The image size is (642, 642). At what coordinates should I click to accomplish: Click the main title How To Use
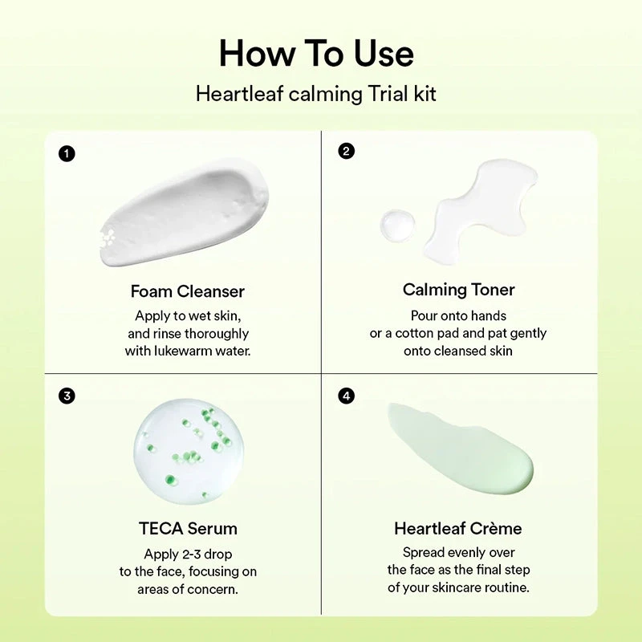coord(316,53)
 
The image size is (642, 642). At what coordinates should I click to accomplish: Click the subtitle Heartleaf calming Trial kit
coord(316,94)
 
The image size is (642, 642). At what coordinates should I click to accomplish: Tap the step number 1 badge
coord(67,153)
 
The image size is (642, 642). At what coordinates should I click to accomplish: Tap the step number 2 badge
coord(346,151)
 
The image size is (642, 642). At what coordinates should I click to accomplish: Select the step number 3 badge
coord(67,396)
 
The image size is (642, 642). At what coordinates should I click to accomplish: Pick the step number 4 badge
coord(346,396)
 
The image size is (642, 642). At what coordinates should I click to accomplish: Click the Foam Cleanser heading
coord(188,291)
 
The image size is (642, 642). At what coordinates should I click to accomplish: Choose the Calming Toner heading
coord(458,290)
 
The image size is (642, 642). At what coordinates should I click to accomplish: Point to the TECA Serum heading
coord(188,528)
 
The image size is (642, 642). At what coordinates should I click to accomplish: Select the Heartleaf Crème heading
coord(458,528)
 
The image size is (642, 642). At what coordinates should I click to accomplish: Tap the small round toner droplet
coord(398,226)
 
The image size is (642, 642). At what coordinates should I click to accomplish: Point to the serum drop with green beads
coord(188,451)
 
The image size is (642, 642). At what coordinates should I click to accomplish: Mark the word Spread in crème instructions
coord(423,552)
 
